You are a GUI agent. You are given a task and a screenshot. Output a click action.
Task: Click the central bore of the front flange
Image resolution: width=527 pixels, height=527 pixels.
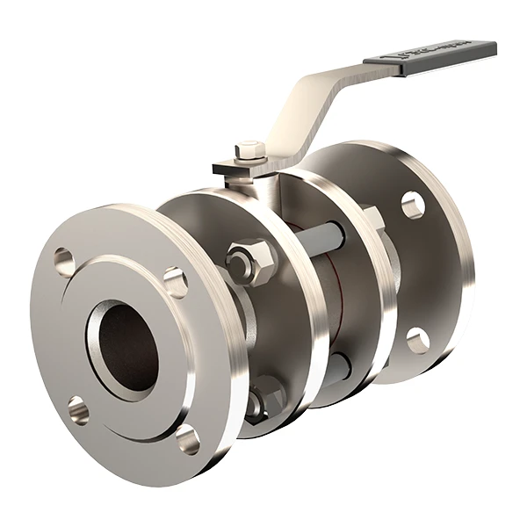(127, 348)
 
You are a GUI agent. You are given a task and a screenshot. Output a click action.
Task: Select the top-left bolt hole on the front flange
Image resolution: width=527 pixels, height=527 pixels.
(64, 261)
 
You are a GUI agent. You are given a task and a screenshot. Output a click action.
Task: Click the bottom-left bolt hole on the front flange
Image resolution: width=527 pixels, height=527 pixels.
(78, 409)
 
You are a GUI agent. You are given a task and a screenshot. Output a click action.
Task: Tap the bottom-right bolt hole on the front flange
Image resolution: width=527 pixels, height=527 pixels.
(187, 437)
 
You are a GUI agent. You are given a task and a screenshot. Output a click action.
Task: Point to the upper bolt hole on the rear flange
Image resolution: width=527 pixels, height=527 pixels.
(413, 205)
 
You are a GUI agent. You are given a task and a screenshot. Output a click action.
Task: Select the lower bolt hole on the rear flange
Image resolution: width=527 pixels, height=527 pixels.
(418, 340)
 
